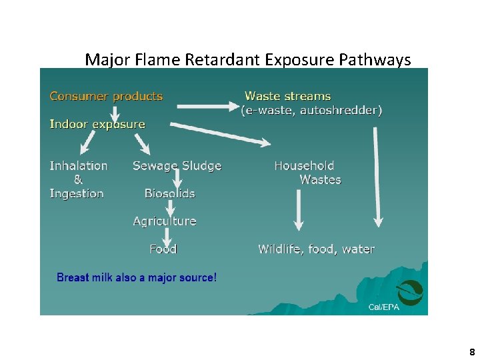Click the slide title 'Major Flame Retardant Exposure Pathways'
point(248,60)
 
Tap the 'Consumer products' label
point(106,96)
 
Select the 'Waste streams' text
point(288,96)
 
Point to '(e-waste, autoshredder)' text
point(311,111)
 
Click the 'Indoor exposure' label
point(97,124)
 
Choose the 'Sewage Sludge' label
point(177,165)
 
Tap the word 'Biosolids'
point(169,193)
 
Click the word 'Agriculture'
point(165,221)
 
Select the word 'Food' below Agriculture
point(163,249)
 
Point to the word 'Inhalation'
point(79,165)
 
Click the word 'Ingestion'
point(77,193)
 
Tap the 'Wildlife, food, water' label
point(316,249)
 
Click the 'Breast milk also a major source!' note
point(137,277)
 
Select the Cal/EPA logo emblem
point(409,291)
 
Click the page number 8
point(472,352)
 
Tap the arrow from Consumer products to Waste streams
point(207,105)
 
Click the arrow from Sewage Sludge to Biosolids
point(177,179)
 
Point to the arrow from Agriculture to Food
point(166,235)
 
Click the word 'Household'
point(304,165)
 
